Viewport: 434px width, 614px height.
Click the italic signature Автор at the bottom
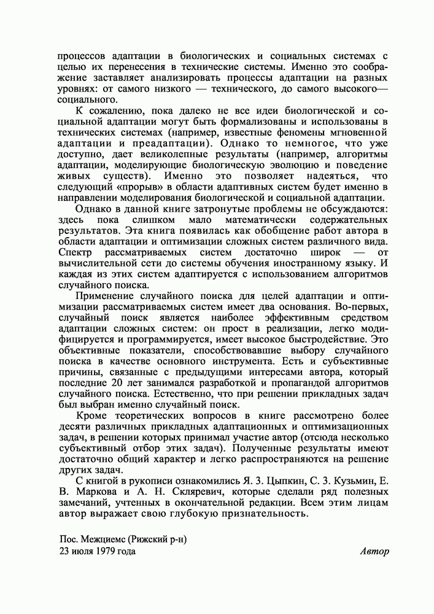[374, 551]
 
